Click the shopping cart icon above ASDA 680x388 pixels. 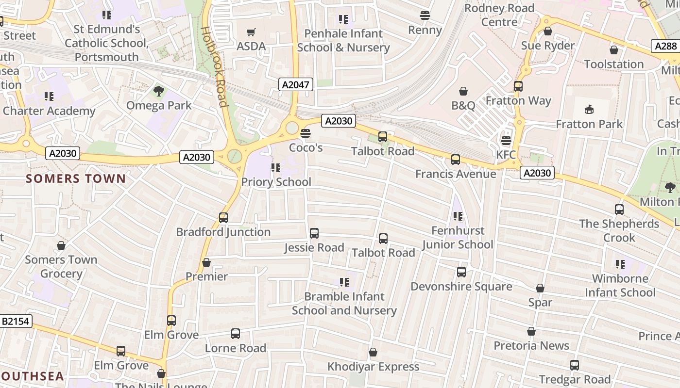251,32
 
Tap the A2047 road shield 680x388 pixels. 296,84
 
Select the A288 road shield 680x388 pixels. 665,46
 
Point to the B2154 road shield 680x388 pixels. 16,321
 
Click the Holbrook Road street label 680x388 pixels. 214,66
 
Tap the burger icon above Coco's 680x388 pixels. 305,133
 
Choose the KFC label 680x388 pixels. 506,155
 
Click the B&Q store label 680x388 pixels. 463,105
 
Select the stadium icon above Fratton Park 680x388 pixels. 589,110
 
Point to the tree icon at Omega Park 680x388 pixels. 158,91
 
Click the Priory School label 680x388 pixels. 276,182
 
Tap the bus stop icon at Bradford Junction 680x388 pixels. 223,218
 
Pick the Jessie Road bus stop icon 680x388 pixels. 314,233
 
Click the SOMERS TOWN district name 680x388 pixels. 76,178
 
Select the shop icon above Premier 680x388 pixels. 206,262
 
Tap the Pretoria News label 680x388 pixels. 531,345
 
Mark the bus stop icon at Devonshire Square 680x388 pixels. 461,272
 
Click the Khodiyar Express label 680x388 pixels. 373,366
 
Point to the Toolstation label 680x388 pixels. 613,64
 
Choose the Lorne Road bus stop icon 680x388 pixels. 235,334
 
